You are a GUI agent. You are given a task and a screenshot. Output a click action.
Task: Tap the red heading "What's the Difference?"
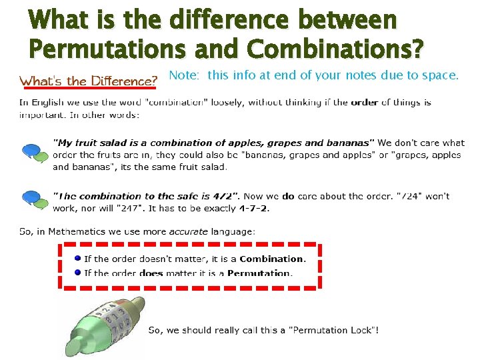click(88, 81)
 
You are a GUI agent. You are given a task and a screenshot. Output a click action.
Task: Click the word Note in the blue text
click(183, 75)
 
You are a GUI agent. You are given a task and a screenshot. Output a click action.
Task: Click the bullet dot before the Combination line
click(77, 259)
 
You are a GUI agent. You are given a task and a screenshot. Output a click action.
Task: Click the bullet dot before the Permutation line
click(77, 272)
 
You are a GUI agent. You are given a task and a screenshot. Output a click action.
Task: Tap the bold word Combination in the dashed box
click(271, 259)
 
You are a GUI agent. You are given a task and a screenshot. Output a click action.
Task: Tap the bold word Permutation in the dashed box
click(259, 273)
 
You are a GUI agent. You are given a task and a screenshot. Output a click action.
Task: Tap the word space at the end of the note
click(443, 75)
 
